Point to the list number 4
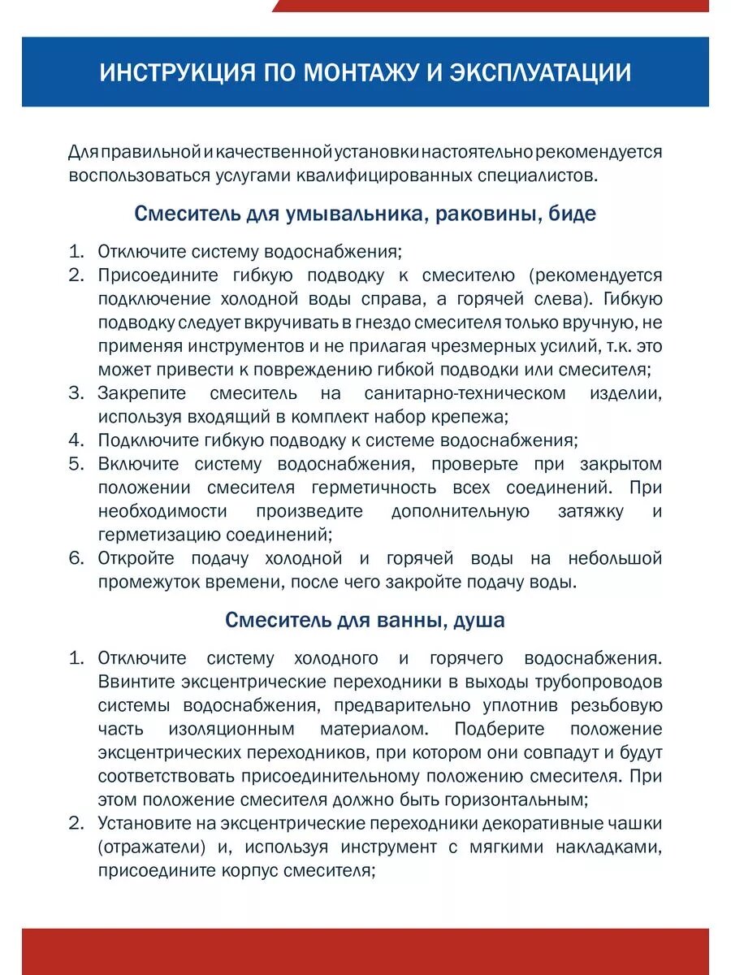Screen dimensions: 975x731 click(x=76, y=440)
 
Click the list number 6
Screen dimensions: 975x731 click(x=76, y=558)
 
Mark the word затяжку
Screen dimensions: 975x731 click(x=591, y=512)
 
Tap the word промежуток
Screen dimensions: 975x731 click(x=145, y=582)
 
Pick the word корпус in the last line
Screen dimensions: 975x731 click(x=246, y=870)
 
